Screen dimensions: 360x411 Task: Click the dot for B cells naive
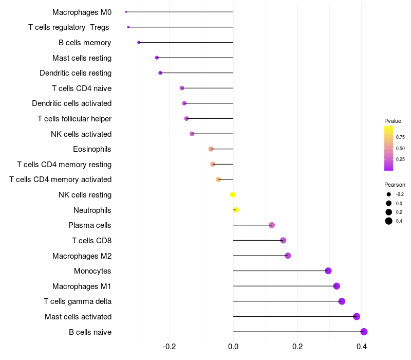364,332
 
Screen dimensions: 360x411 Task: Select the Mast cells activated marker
357,317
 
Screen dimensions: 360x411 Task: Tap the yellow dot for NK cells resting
233,195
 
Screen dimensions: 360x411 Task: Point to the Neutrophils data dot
236,210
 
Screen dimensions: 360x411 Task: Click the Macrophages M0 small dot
126,12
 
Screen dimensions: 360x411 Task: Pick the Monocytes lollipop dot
328,271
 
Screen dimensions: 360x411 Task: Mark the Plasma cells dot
272,225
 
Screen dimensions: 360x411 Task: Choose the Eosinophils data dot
211,149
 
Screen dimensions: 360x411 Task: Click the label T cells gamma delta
78,301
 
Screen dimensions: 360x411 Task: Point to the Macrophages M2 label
82,256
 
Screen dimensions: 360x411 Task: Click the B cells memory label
85,43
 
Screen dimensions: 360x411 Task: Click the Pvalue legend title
393,121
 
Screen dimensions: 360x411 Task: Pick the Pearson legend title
395,185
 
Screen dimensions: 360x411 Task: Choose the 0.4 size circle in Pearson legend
389,221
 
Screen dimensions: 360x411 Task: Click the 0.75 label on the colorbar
400,137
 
